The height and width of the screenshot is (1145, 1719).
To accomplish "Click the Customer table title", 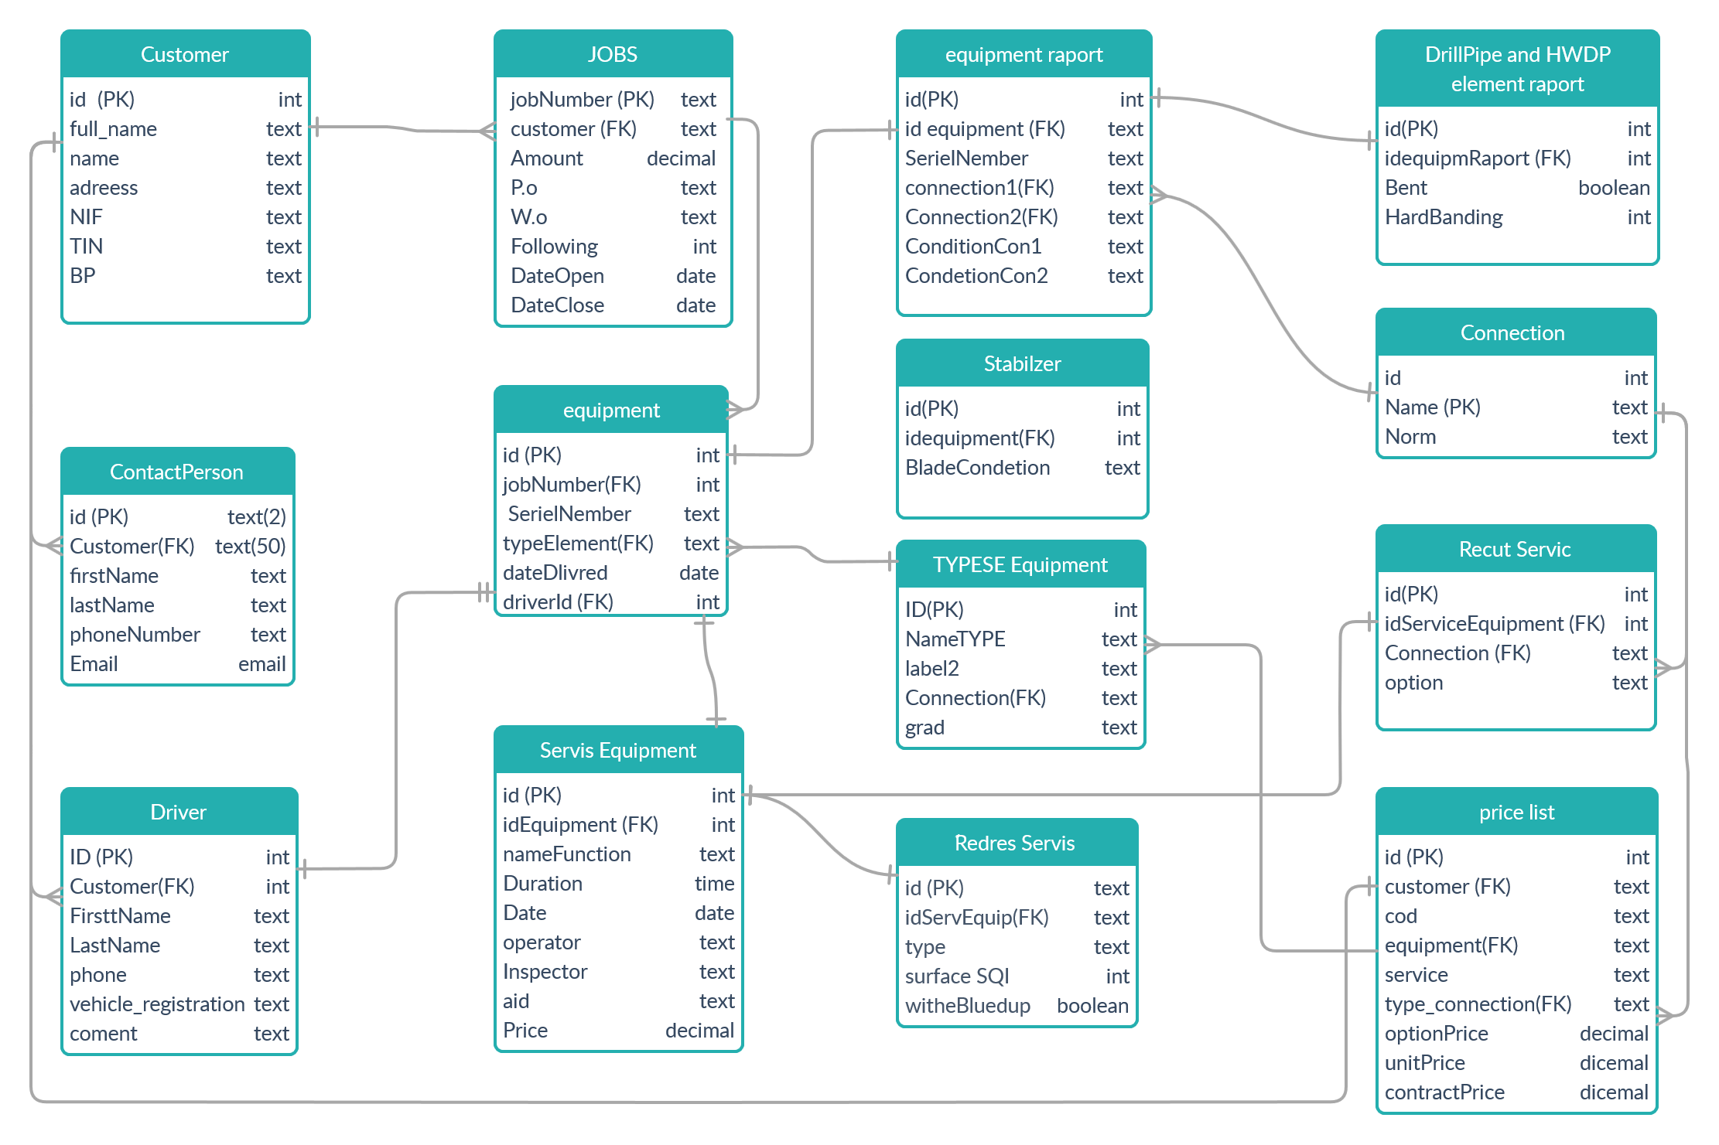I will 184,54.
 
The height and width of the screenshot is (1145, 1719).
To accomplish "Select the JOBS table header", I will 612,54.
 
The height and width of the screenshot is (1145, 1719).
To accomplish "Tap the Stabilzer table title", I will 1022,363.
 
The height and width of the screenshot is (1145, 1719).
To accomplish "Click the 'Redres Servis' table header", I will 1014,843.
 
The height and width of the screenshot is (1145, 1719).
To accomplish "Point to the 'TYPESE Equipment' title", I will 1020,564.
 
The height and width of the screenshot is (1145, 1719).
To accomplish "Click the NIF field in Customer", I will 86,217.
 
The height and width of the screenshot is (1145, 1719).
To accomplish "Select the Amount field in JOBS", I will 546,158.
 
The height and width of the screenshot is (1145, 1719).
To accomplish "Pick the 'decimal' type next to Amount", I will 681,158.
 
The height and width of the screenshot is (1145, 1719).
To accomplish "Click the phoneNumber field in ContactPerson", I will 135,635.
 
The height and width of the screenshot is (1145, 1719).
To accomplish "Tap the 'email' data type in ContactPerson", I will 261,664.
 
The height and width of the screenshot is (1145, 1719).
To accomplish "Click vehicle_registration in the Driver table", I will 157,1004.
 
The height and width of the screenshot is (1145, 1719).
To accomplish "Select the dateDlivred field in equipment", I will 555,573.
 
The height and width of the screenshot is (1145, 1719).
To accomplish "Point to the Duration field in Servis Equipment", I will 542,884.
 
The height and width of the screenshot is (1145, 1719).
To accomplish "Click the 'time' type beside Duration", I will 714,884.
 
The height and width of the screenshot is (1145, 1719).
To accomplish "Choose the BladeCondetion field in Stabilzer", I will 977,468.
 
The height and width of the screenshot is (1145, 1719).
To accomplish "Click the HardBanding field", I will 1444,217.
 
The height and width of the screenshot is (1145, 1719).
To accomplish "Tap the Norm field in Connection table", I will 1410,437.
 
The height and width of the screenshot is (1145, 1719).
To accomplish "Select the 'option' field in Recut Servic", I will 1413,683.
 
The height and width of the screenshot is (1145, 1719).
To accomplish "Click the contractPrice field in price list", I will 1444,1092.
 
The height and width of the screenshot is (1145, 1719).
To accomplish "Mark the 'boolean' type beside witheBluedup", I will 1092,1006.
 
